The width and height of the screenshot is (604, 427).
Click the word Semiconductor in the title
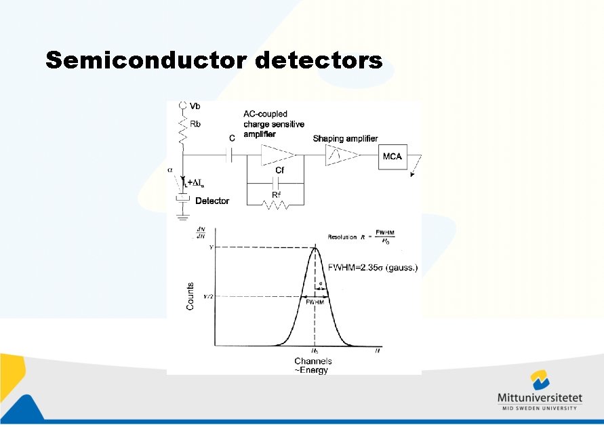click(x=147, y=60)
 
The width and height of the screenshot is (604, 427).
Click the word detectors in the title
click(x=319, y=60)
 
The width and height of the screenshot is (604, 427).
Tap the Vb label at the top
click(x=195, y=106)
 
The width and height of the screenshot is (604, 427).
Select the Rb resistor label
click(x=195, y=125)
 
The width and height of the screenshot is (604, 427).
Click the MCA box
click(x=392, y=157)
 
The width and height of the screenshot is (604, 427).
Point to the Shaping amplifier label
click(x=345, y=138)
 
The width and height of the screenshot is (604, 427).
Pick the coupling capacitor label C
click(x=232, y=138)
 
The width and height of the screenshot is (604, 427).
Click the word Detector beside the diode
click(x=212, y=201)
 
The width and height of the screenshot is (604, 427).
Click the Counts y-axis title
click(x=190, y=296)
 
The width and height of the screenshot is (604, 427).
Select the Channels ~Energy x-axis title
click(x=313, y=366)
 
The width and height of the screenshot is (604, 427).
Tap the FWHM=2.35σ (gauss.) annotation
click(x=373, y=268)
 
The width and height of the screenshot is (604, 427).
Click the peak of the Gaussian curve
click(x=315, y=248)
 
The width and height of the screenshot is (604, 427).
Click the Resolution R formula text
click(x=363, y=237)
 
